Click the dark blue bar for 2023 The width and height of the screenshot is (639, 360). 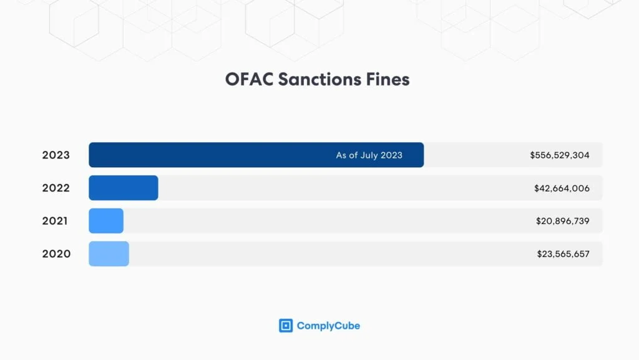tap(256, 155)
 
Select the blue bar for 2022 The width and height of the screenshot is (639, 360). tap(124, 188)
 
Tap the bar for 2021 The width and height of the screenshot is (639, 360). tap(106, 221)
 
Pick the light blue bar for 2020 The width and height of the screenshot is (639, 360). tap(109, 254)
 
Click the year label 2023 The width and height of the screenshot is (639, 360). tap(56, 155)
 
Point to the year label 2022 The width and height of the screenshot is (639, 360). tap(56, 188)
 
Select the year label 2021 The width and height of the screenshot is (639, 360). tap(55, 221)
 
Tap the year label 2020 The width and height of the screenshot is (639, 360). tap(56, 254)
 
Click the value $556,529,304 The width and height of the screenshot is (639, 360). tap(560, 155)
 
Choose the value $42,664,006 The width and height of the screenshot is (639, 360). tap(562, 188)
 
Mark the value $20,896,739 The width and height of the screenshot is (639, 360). tap(563, 221)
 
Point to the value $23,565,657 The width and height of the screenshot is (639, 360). tap(563, 254)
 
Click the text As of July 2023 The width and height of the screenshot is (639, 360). tap(369, 155)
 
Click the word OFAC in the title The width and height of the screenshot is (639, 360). tap(249, 79)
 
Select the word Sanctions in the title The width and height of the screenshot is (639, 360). tap(319, 79)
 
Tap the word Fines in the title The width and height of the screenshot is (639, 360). tap(388, 79)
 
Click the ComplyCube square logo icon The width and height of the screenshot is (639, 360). tap(286, 326)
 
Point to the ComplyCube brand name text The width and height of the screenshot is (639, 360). tap(328, 326)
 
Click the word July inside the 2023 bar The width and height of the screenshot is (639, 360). tap(369, 155)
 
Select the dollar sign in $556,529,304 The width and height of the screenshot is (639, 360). tap(532, 155)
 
